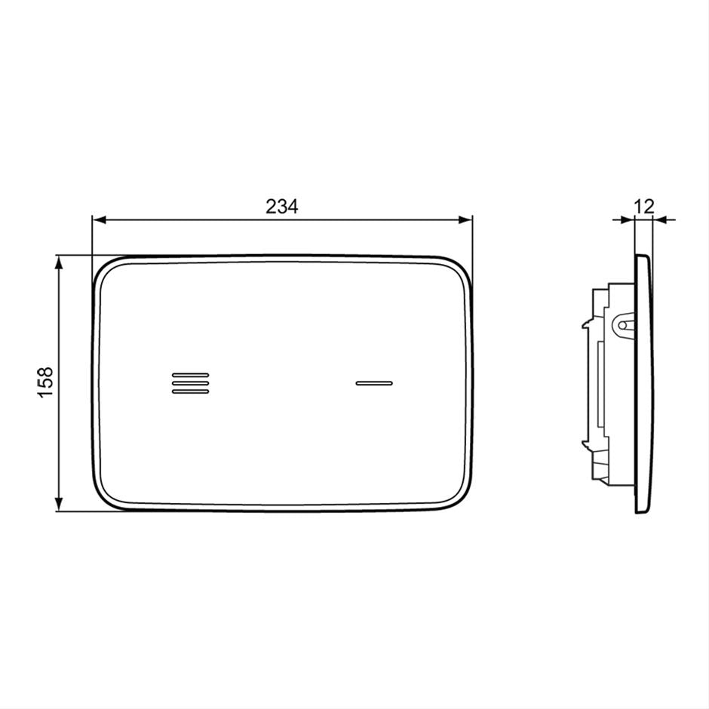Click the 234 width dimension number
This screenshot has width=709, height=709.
pyautogui.click(x=281, y=206)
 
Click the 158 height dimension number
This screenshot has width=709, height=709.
pyautogui.click(x=46, y=383)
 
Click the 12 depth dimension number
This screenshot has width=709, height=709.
pyautogui.click(x=644, y=206)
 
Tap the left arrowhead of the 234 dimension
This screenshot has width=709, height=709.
pyautogui.click(x=98, y=219)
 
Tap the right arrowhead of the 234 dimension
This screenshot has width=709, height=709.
pyautogui.click(x=466, y=219)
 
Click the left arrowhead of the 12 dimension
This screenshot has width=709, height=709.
pyautogui.click(x=630, y=219)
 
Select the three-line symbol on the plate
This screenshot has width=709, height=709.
pyautogui.click(x=190, y=382)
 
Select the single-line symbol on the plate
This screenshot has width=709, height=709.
pyautogui.click(x=374, y=382)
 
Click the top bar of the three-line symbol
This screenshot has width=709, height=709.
pyautogui.click(x=190, y=374)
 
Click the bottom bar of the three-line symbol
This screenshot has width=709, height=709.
pyautogui.click(x=190, y=391)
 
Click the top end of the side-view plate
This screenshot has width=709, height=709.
pyautogui.click(x=642, y=258)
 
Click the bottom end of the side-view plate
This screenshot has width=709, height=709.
pyautogui.click(x=642, y=511)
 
